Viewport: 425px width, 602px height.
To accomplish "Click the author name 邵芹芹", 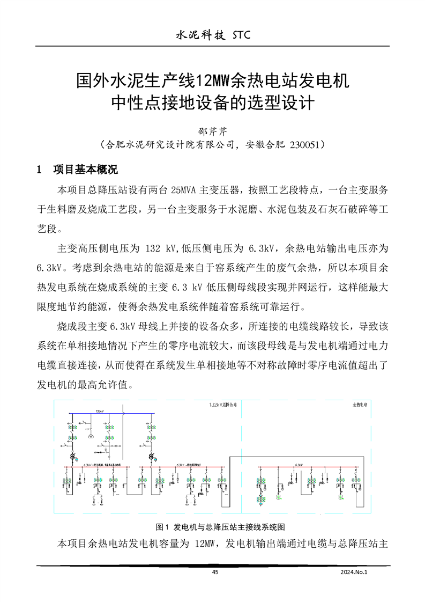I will pyautogui.click(x=213, y=131).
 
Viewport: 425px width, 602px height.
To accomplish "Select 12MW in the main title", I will pyautogui.click(x=213, y=81).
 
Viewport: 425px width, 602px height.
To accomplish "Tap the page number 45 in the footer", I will pyautogui.click(x=215, y=572).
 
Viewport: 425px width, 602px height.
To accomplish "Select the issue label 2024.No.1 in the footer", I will pyautogui.click(x=355, y=572).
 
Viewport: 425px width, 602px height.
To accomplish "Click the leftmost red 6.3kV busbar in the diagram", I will pyautogui.click(x=96, y=467).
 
